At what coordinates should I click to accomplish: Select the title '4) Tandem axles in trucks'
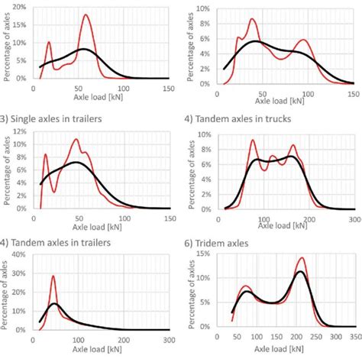coord(240,118)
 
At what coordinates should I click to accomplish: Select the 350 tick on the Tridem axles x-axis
coord(353,336)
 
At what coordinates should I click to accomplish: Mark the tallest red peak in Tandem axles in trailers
coord(53,276)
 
